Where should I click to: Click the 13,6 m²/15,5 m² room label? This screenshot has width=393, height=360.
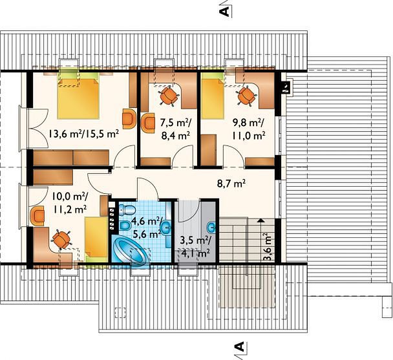click(83, 134)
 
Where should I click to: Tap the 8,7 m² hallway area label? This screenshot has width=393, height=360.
click(231, 184)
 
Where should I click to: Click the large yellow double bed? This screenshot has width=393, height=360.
click(78, 98)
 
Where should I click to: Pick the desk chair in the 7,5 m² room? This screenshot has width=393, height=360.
click(169, 96)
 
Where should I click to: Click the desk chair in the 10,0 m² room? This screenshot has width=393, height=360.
click(61, 240)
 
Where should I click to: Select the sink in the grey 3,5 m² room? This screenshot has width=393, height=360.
click(211, 228)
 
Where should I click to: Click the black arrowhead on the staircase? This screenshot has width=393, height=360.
click(261, 220)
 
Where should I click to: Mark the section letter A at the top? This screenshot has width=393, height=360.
click(225, 11)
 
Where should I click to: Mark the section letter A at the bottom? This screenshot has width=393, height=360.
click(239, 346)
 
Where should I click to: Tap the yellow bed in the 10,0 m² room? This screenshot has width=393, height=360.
click(96, 239)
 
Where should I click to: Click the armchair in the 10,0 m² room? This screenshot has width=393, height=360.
click(37, 215)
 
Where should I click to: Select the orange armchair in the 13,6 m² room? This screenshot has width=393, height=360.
click(129, 119)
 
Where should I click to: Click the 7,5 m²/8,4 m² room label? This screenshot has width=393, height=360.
click(175, 129)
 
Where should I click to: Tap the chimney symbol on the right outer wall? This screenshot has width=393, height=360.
click(286, 87)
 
